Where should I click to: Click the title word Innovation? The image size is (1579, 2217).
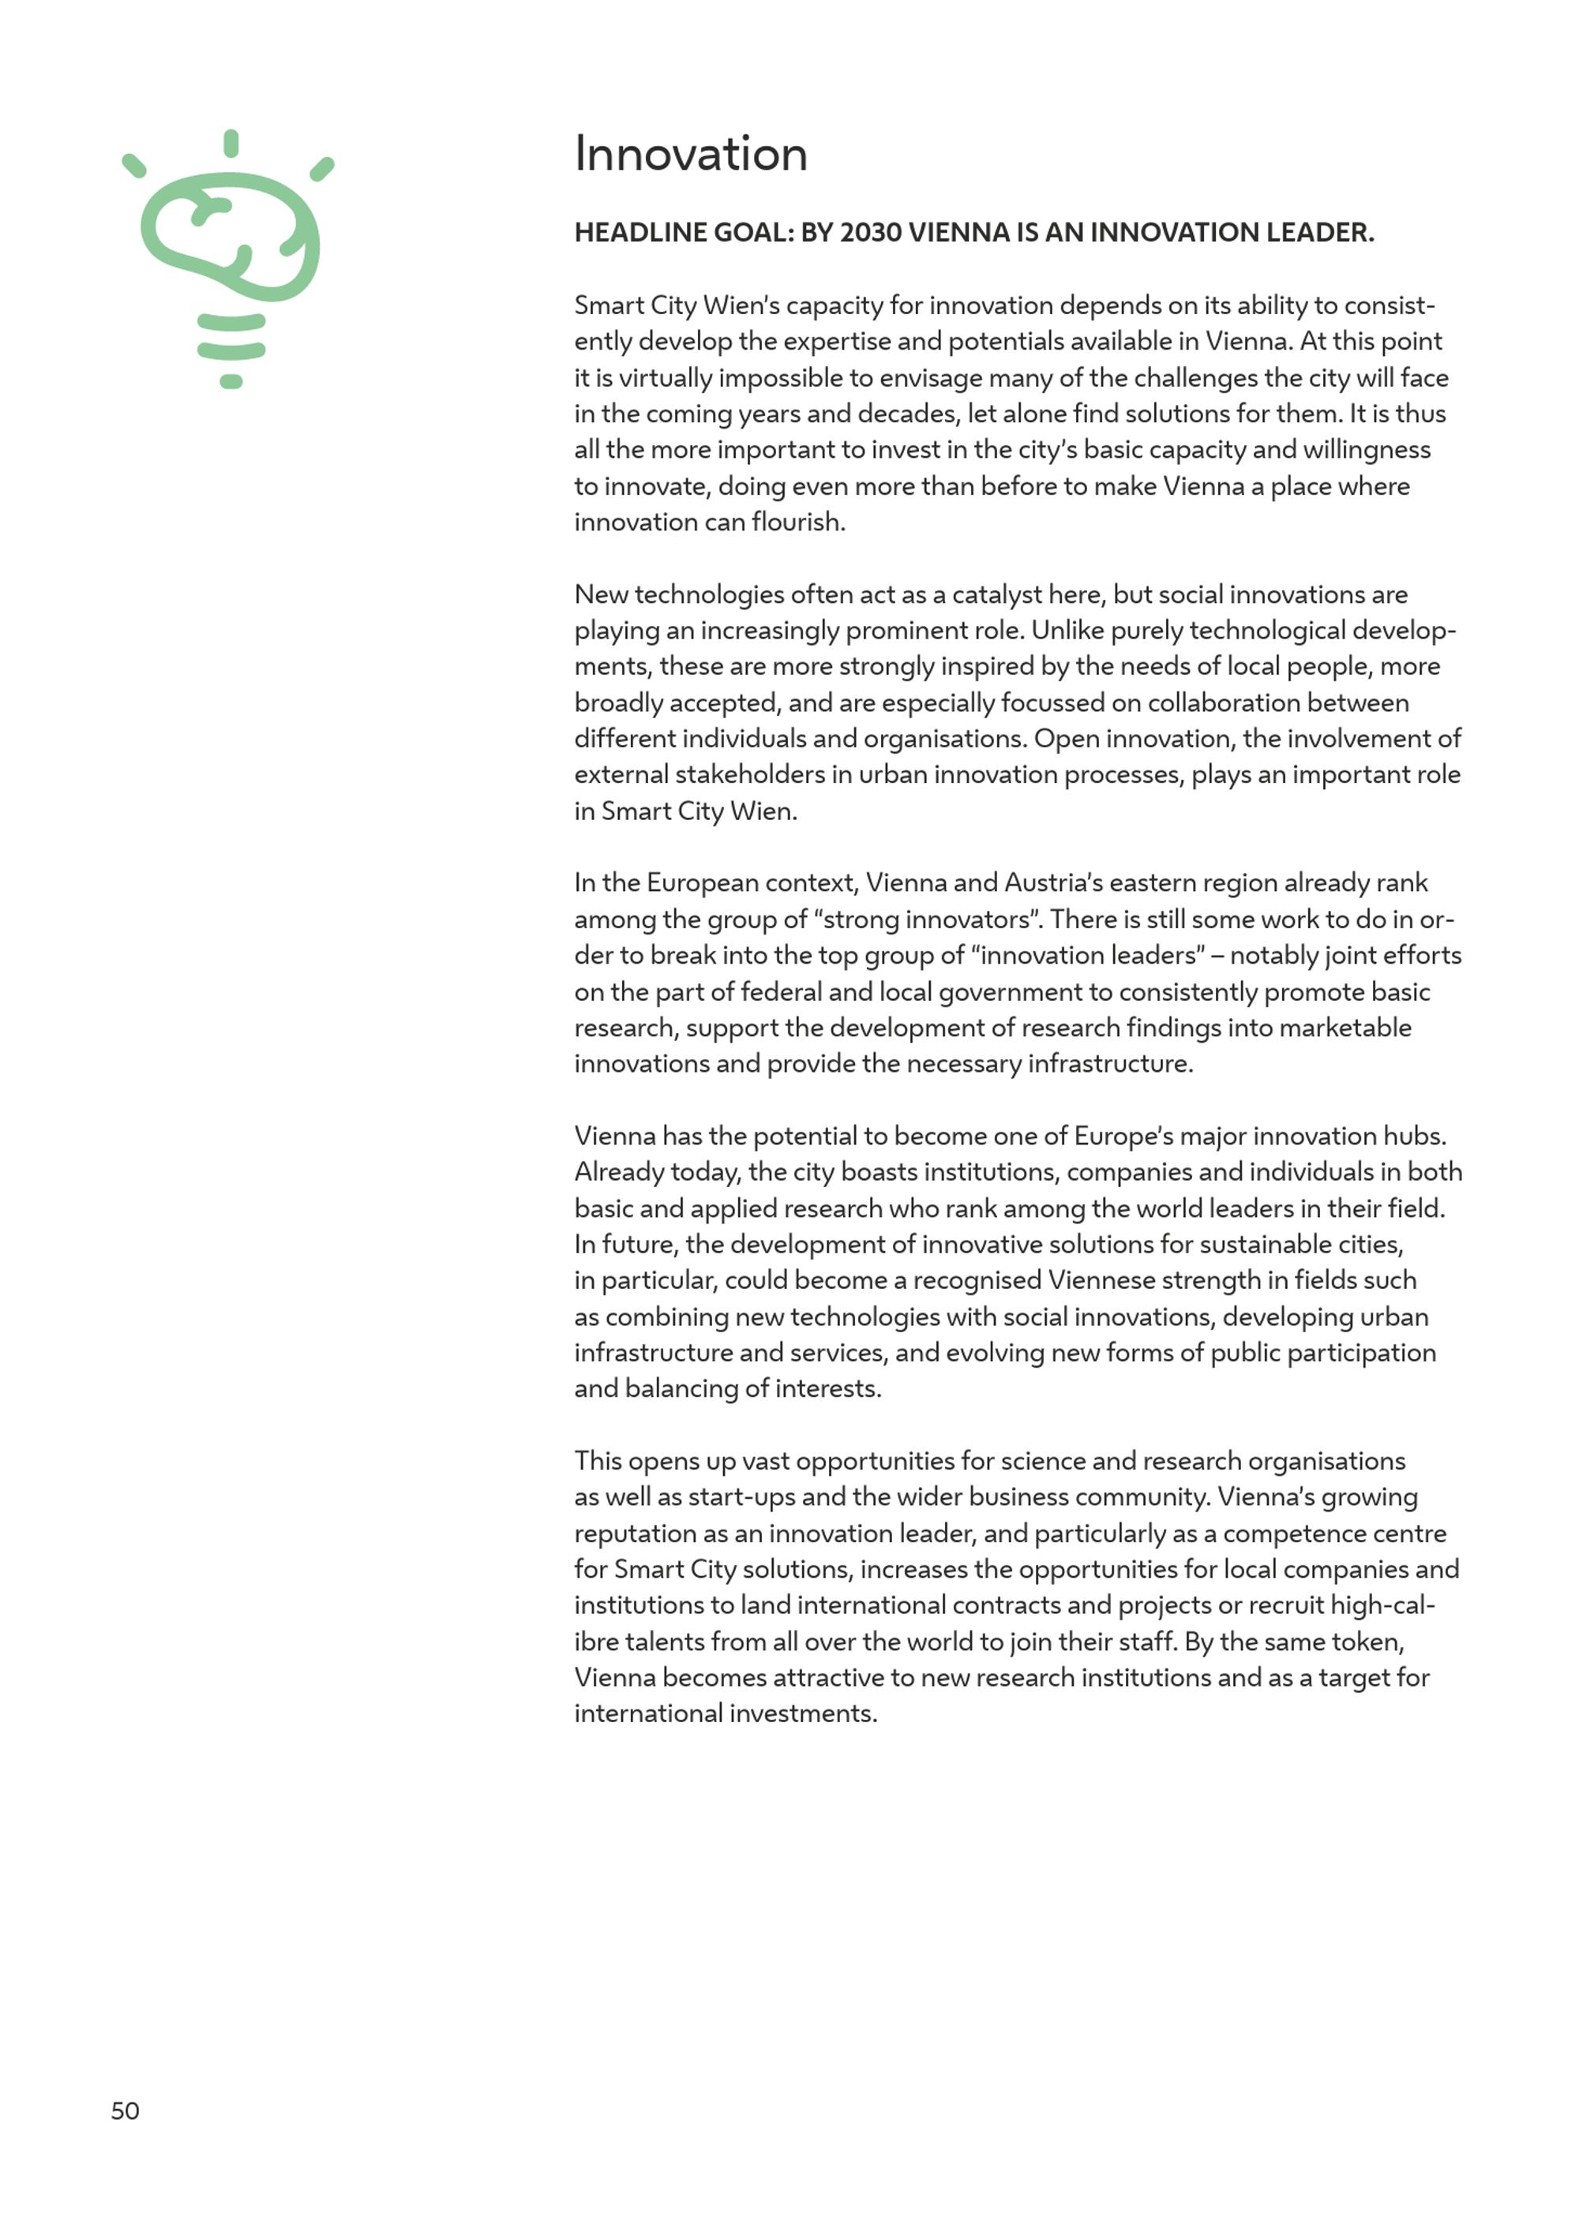click(690, 154)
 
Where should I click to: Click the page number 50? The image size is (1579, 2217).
click(126, 2111)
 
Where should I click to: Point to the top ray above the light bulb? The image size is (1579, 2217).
click(231, 143)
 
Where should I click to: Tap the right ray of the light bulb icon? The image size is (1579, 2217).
click(322, 169)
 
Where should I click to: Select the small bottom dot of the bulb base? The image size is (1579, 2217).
click(231, 382)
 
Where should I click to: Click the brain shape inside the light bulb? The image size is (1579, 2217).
click(231, 236)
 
